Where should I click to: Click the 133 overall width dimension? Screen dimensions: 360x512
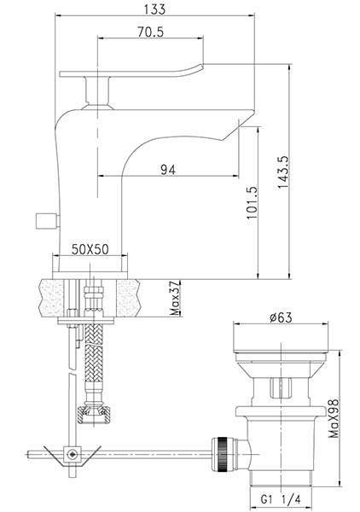154,9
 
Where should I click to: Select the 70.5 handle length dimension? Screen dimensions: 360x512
150,32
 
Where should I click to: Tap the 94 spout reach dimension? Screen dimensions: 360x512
168,170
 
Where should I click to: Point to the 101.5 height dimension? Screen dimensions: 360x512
252,202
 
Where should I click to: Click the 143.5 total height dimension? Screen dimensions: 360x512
283,172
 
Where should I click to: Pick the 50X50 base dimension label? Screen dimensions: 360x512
90,249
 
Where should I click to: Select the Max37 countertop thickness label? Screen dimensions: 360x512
176,298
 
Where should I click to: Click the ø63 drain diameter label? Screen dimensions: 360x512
281,317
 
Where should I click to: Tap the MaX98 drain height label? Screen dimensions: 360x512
334,418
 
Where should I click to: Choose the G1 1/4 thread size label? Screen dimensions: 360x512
281,499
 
